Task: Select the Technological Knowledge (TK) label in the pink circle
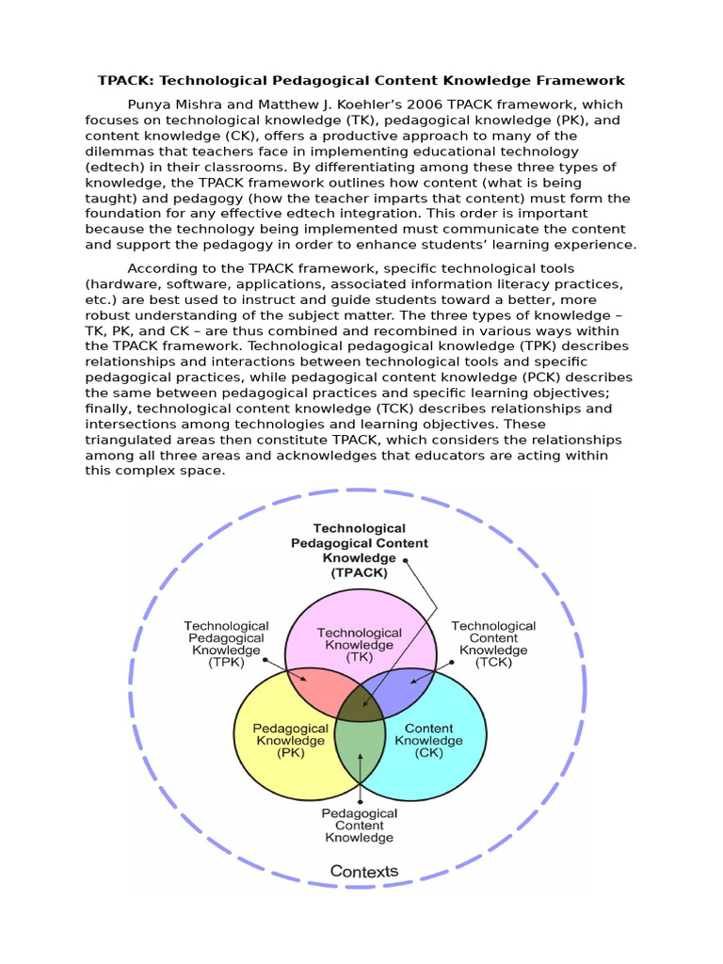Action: (x=360, y=645)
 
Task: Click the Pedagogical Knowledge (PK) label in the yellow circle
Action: (x=290, y=740)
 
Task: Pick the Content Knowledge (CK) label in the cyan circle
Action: (x=428, y=740)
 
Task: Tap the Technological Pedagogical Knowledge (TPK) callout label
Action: (x=226, y=643)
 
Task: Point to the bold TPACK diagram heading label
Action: (x=359, y=550)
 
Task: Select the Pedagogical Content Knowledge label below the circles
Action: (x=360, y=825)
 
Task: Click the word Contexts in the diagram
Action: (x=364, y=871)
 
